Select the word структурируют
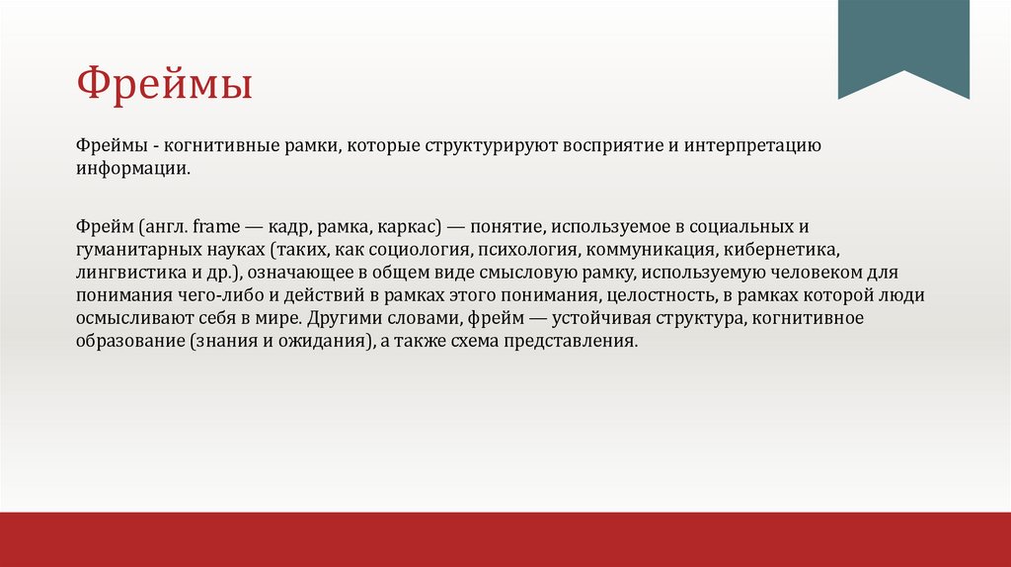pyautogui.click(x=478, y=146)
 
